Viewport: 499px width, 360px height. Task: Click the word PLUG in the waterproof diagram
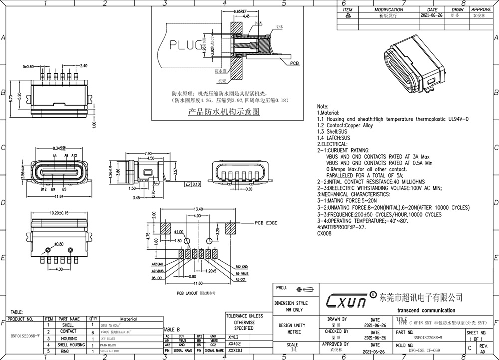[184, 45]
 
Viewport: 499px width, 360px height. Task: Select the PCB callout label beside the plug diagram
[294, 63]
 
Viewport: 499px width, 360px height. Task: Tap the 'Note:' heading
[323, 107]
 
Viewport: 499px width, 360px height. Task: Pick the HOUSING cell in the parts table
[69, 338]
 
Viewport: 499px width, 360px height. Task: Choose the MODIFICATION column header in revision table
[389, 9]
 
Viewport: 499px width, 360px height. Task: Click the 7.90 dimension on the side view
[148, 153]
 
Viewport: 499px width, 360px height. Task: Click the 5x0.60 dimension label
[32, 66]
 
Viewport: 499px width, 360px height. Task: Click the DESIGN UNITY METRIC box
[294, 328]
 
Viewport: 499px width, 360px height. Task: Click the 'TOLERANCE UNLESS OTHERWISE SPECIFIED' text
[244, 322]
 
